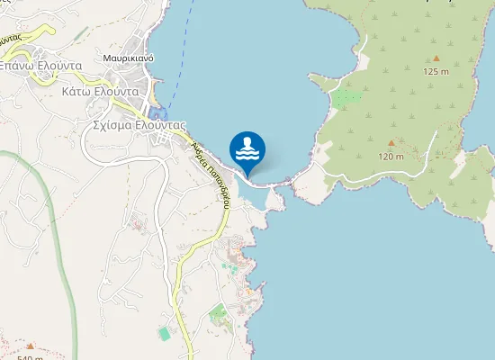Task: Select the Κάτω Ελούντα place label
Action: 99,91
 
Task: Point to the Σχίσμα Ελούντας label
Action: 139,126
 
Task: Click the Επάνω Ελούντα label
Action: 40,66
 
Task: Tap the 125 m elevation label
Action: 436,71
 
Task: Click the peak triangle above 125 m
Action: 437,58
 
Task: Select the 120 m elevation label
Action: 391,157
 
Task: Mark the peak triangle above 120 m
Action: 391,143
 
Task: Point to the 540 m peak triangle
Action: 30,345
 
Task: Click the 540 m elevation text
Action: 30,356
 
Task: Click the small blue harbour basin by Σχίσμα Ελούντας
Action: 159,113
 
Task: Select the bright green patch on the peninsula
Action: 347,96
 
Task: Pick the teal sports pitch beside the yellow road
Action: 164,334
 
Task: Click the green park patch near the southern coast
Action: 218,315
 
